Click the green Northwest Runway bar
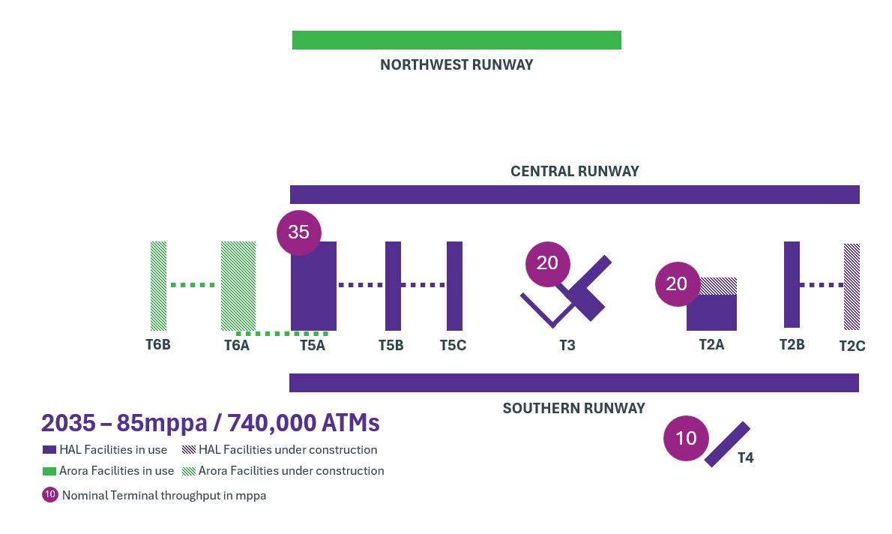tap(456, 40)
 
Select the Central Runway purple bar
tap(574, 194)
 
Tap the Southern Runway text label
tap(573, 408)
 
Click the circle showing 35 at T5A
tap(298, 232)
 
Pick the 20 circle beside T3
tap(547, 263)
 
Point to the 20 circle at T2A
tap(676, 283)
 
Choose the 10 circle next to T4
tap(686, 438)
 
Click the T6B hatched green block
tap(158, 286)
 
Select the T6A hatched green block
tap(238, 286)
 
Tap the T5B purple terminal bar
tap(393, 286)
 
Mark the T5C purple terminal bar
tap(454, 286)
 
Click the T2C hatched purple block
tap(852, 286)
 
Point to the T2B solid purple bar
tap(792, 284)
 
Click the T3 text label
tap(567, 346)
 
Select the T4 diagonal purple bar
tap(727, 444)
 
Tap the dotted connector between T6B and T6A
tap(193, 285)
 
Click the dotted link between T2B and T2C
tap(822, 285)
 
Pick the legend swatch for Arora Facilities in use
tap(49, 471)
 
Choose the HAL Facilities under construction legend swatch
tap(189, 450)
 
